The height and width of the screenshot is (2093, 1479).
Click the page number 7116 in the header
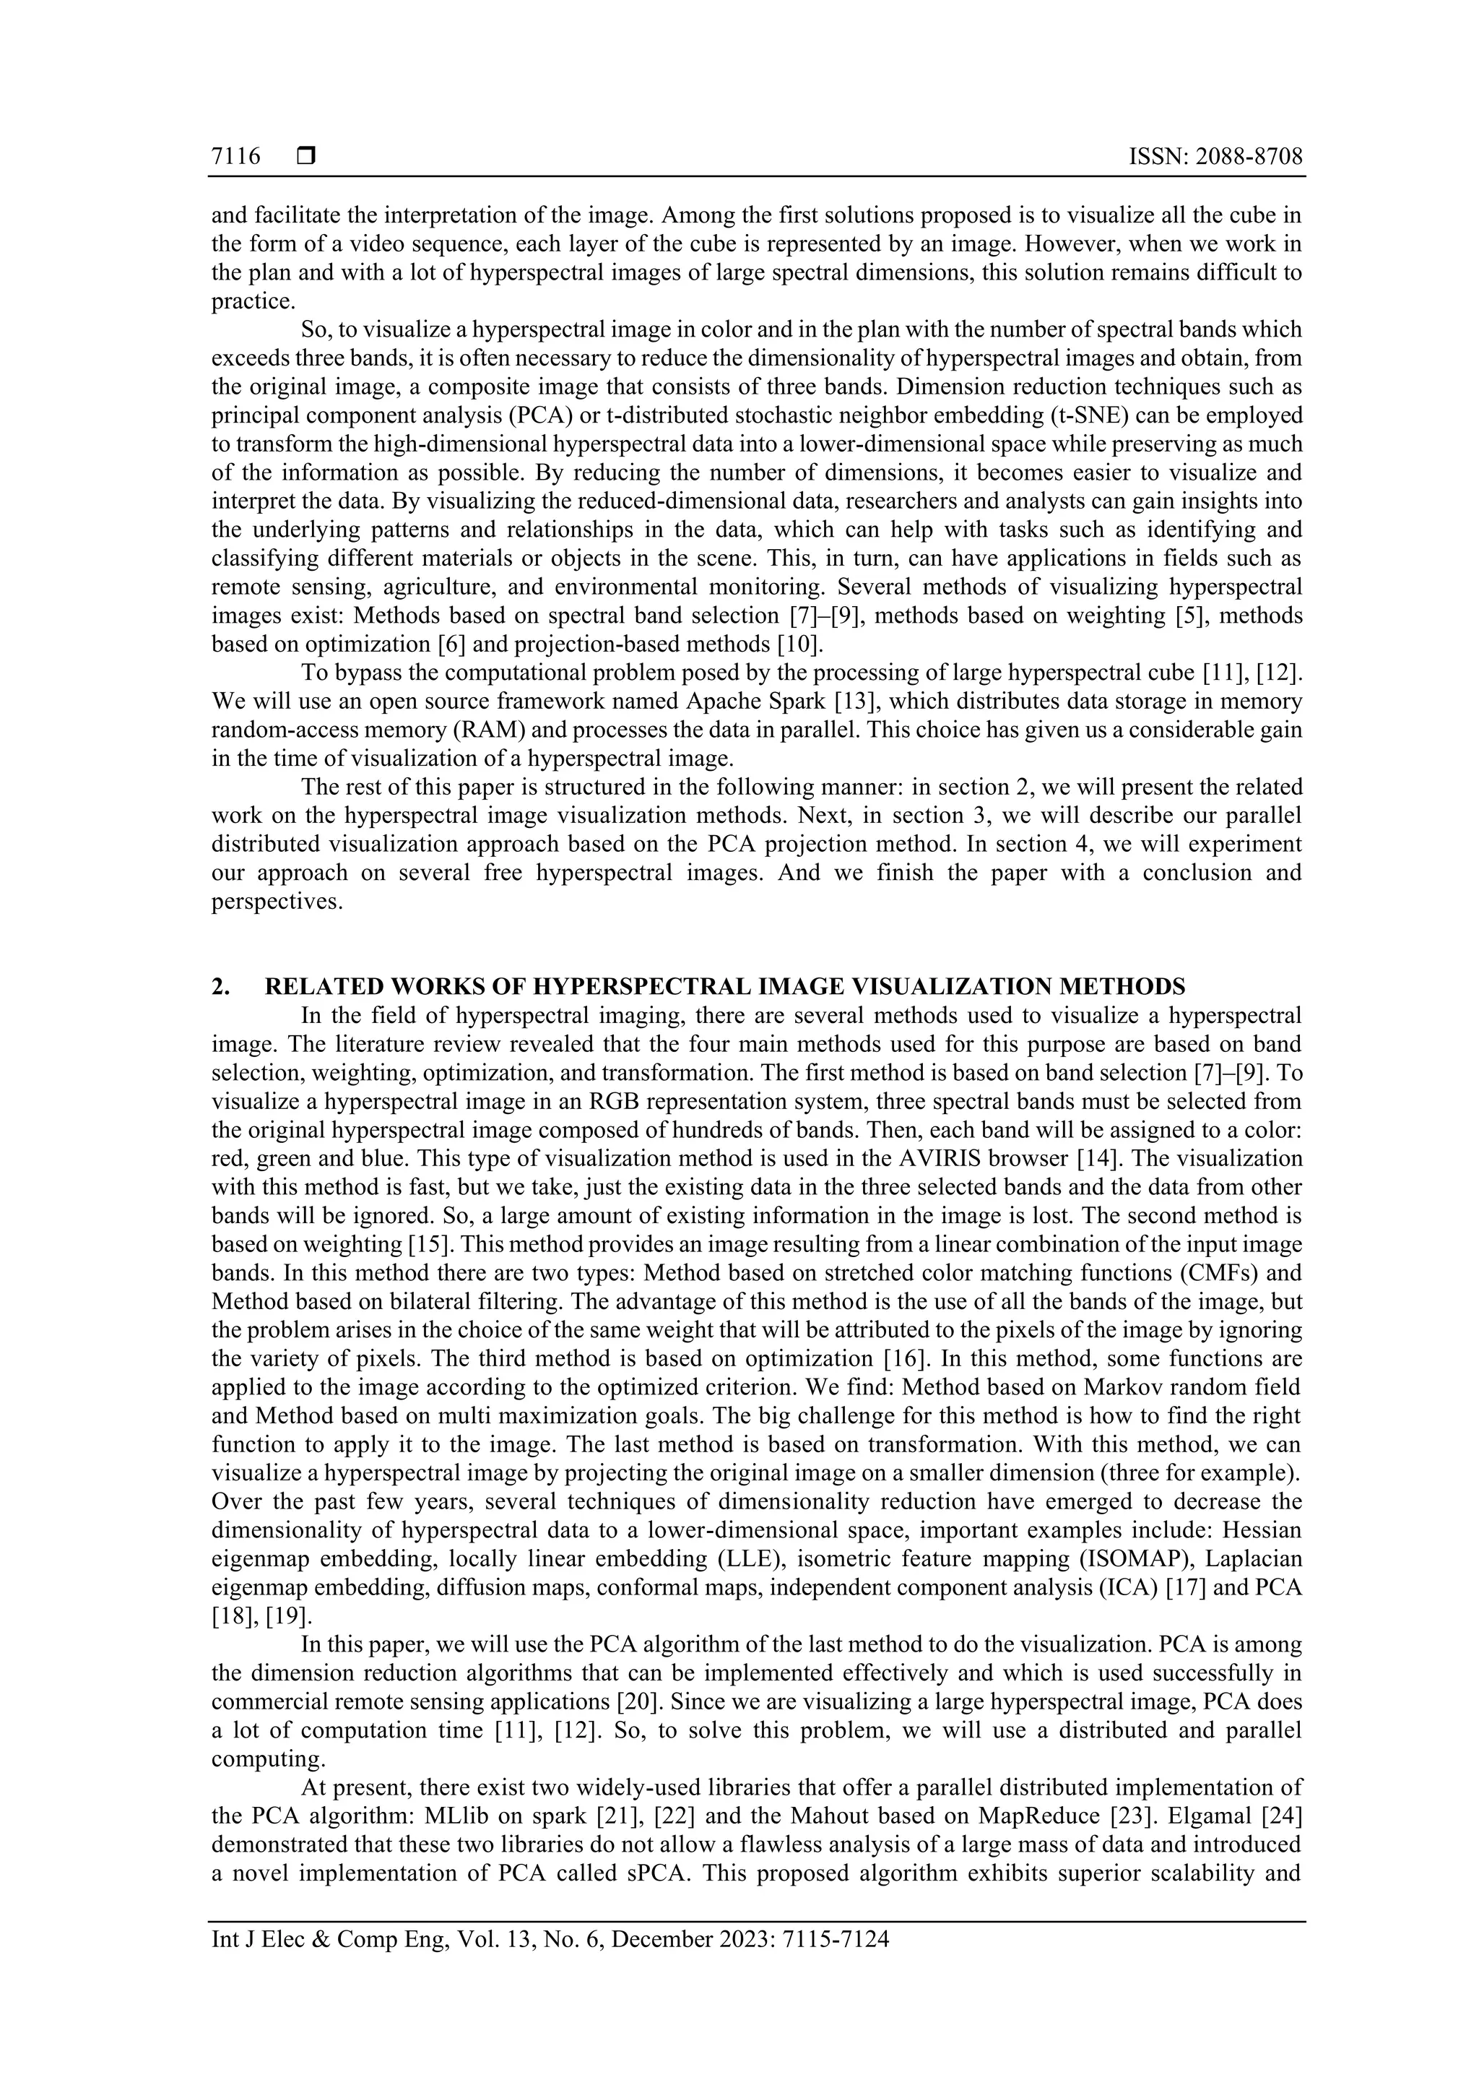coord(235,157)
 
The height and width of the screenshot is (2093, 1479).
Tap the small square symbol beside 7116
coord(305,157)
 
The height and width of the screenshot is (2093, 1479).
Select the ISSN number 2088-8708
coord(1249,157)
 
